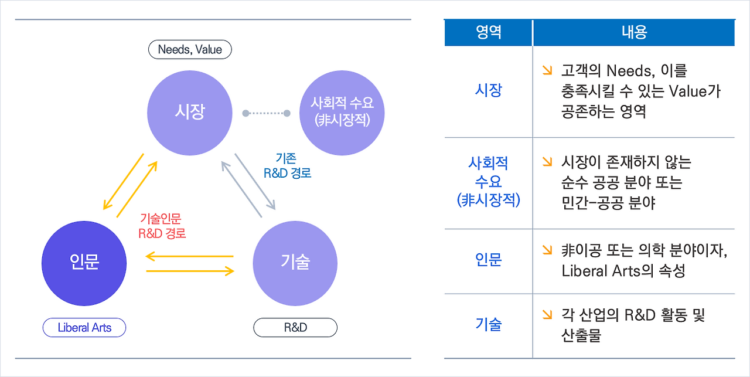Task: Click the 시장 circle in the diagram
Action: coord(189,112)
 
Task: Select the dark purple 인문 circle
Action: coord(84,262)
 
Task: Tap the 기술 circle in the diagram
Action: coord(295,262)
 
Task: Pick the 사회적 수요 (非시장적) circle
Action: coord(342,113)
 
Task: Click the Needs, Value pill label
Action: coord(190,50)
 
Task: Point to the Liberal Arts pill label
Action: coord(84,328)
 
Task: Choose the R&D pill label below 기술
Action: coord(295,328)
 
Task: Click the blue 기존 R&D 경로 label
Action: coord(287,165)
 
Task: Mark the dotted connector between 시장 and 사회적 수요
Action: coord(266,113)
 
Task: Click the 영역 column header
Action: coord(488,32)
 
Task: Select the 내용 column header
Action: coord(634,32)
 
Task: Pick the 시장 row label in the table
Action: coord(488,91)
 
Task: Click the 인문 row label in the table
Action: coord(488,260)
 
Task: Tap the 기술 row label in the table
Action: coord(488,324)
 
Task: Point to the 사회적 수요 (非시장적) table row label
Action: coord(488,182)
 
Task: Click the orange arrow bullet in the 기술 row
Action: coord(547,315)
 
